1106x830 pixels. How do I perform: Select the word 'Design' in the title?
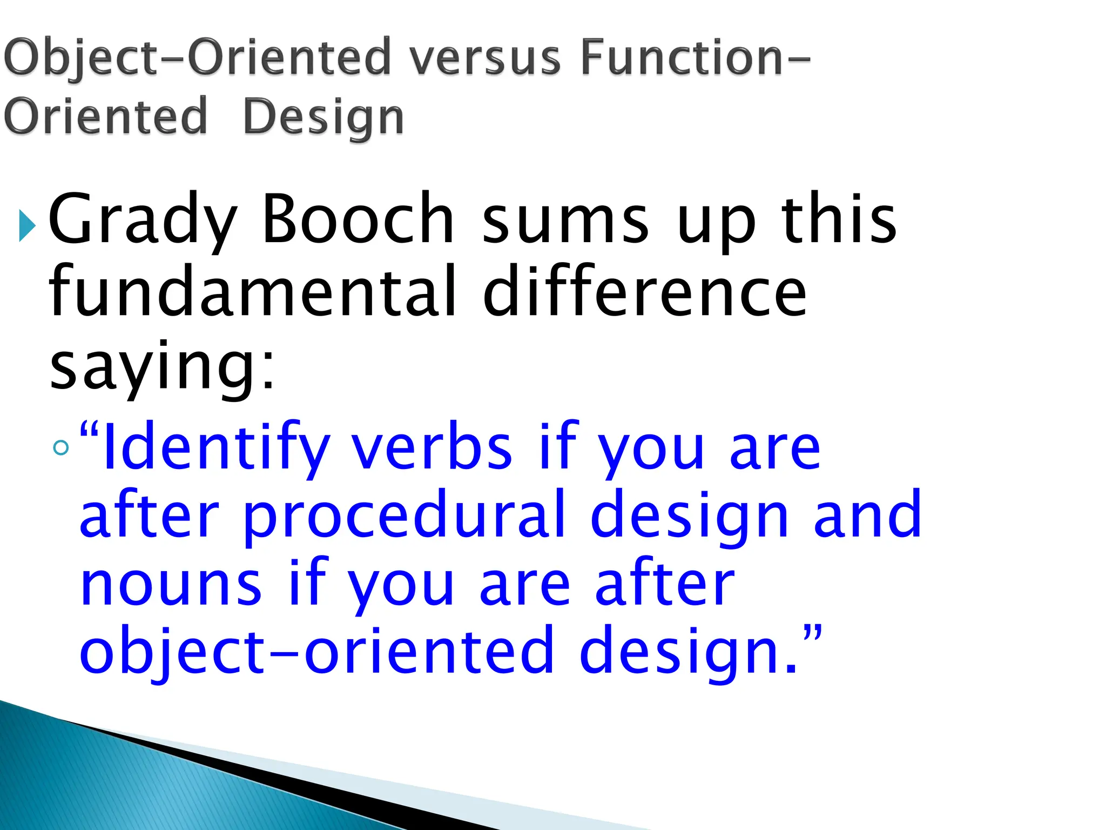point(323,117)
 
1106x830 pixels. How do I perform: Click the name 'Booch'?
point(357,219)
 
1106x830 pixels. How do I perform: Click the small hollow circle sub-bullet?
point(62,447)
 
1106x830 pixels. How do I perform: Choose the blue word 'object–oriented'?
point(316,651)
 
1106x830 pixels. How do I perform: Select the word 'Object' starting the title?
point(78,57)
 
